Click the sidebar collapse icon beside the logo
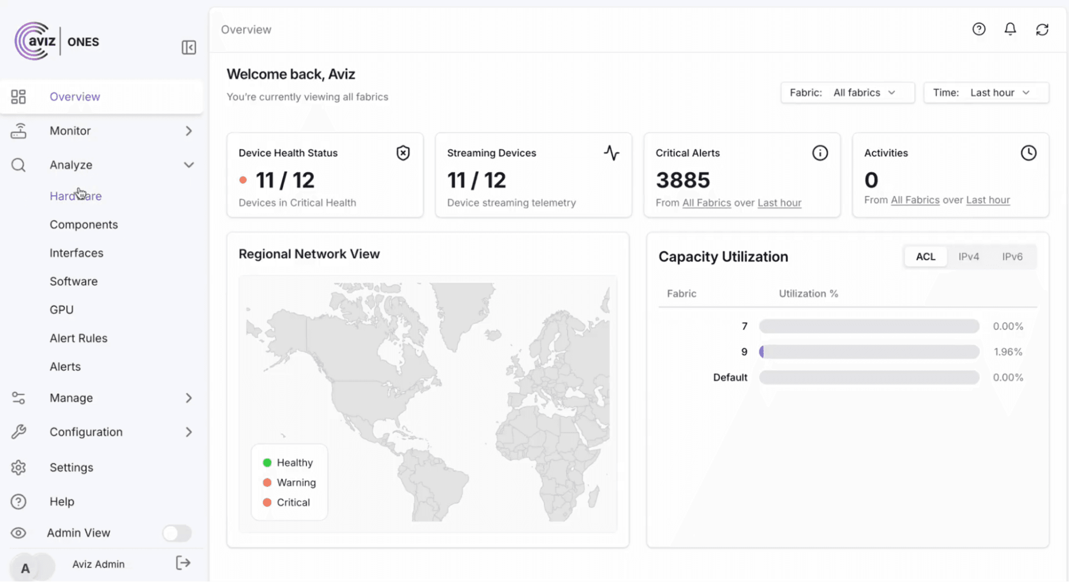pyautogui.click(x=189, y=48)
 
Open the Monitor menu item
pyautogui.click(x=70, y=131)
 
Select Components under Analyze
pyautogui.click(x=83, y=225)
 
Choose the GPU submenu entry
pyautogui.click(x=61, y=310)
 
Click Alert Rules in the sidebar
pyautogui.click(x=78, y=338)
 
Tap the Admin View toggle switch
pyautogui.click(x=177, y=533)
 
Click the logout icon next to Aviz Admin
pyautogui.click(x=183, y=563)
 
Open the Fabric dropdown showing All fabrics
pyautogui.click(x=847, y=93)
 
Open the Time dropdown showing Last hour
pyautogui.click(x=986, y=93)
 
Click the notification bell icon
pyautogui.click(x=1010, y=29)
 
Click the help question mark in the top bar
pyautogui.click(x=979, y=29)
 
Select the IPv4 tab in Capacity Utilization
pyautogui.click(x=968, y=257)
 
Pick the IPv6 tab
pyautogui.click(x=1012, y=257)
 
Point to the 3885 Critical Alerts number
pyautogui.click(x=683, y=180)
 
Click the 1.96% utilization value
pyautogui.click(x=1008, y=352)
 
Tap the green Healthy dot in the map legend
pyautogui.click(x=267, y=463)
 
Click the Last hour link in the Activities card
pyautogui.click(x=988, y=200)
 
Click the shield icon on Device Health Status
pyautogui.click(x=403, y=153)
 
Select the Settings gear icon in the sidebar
pyautogui.click(x=19, y=468)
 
